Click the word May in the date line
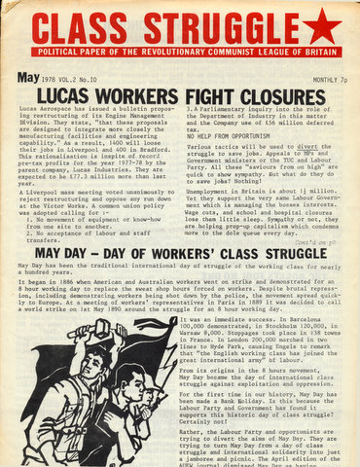32,77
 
